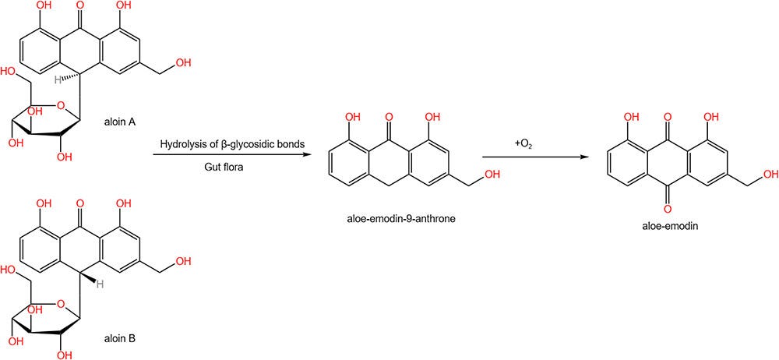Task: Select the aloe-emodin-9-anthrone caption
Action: click(401, 218)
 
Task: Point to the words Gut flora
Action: click(223, 168)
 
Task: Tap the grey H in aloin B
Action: click(99, 284)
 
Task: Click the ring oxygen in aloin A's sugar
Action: click(60, 105)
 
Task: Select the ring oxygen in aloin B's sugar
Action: click(60, 301)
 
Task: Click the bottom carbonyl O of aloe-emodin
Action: click(668, 207)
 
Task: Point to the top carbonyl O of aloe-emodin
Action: click(668, 118)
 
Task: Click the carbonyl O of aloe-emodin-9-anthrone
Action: click(389, 118)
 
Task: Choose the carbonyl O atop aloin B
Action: click(80, 203)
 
